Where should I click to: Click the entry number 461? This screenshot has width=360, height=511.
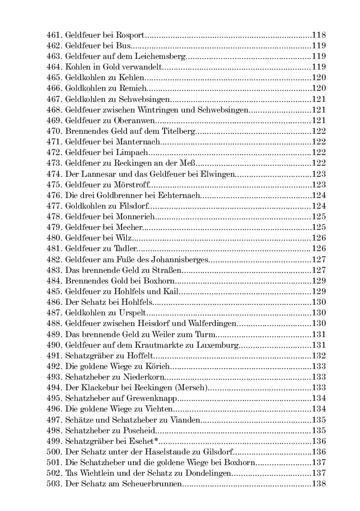point(54,35)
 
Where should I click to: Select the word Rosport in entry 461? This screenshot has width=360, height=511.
point(131,35)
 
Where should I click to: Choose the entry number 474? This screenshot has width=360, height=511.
point(54,173)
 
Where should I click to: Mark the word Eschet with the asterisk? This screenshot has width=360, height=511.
point(144,440)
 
